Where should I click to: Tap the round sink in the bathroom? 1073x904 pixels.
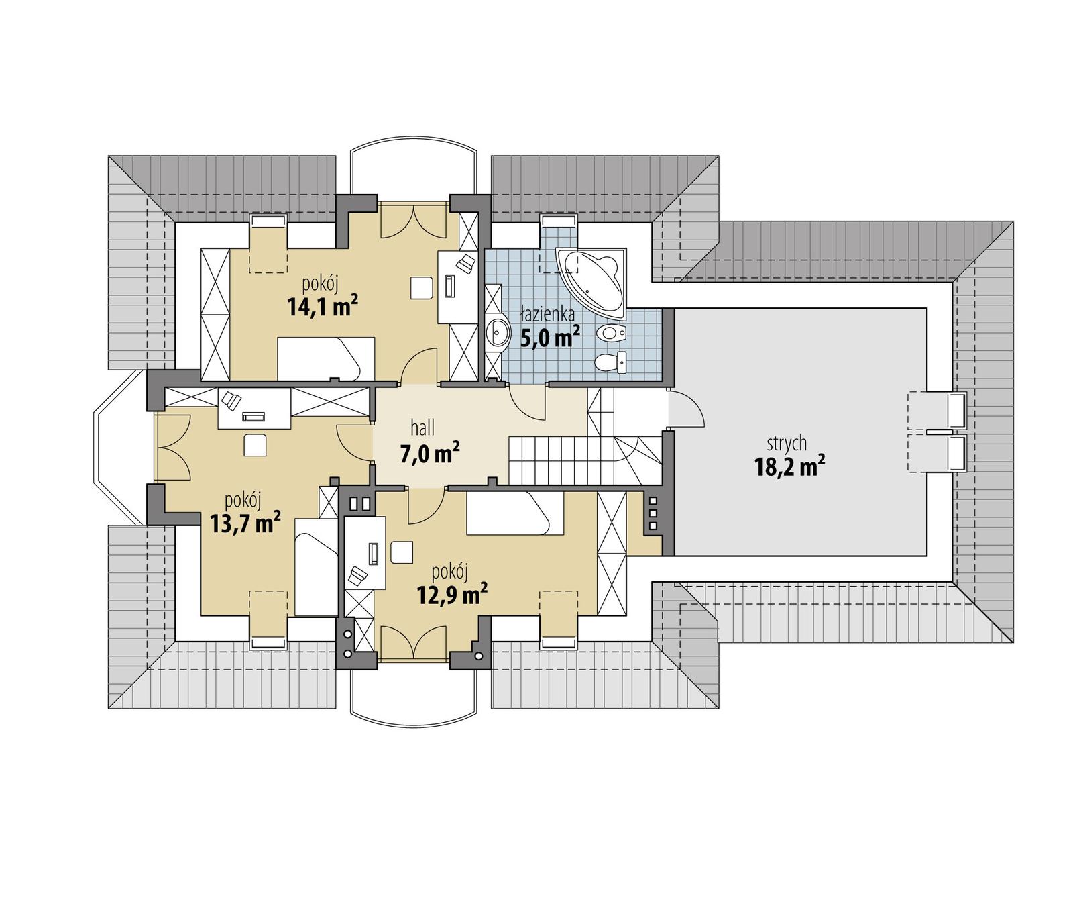498,330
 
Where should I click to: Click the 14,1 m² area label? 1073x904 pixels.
322,307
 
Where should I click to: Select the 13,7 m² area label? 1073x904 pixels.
245,522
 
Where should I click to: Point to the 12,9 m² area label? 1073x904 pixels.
451,594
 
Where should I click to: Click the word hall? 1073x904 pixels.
422,428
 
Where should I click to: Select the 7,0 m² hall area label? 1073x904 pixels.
429,454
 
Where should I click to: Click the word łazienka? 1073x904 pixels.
548,314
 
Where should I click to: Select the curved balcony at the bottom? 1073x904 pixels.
413,691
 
